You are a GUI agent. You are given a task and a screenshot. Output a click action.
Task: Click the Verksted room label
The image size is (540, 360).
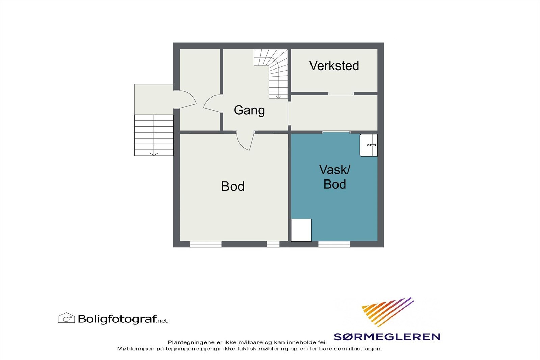tap(334, 65)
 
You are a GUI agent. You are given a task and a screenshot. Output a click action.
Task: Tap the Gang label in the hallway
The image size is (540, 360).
tap(249, 110)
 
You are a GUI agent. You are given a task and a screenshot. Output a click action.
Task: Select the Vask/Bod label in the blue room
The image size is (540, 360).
tap(334, 177)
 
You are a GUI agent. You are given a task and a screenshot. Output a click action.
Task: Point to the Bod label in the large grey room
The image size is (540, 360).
tap(233, 186)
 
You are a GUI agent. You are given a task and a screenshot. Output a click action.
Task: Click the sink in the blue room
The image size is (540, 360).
tap(369, 145)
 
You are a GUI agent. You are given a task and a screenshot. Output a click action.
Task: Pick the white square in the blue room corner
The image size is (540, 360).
tap(301, 230)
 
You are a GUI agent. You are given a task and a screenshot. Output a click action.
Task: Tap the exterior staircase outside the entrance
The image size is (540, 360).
tap(154, 135)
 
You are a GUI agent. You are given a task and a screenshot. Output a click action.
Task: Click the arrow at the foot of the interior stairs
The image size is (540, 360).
tap(278, 96)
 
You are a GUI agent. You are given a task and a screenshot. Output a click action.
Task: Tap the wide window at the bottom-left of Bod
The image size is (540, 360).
tap(206, 244)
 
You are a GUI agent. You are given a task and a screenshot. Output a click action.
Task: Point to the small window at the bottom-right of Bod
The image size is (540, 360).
tap(273, 244)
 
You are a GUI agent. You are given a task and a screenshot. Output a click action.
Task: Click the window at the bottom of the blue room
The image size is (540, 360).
tap(334, 244)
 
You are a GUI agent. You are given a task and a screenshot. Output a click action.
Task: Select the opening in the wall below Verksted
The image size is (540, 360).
tap(341, 93)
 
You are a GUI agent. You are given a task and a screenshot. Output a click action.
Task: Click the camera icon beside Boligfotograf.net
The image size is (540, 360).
tap(66, 318)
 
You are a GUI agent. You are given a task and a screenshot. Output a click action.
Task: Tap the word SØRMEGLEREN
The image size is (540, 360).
tap(387, 337)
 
